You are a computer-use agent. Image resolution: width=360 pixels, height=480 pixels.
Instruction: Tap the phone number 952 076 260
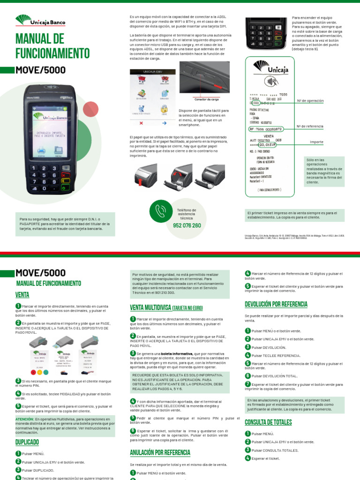(187, 225)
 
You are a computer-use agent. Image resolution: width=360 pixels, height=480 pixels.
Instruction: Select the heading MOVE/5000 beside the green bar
(41, 70)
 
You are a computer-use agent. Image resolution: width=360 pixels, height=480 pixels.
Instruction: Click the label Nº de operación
(310, 101)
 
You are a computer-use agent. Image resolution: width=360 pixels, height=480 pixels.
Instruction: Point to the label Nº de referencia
(310, 127)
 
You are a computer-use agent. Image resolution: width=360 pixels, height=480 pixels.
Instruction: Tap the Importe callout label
(316, 142)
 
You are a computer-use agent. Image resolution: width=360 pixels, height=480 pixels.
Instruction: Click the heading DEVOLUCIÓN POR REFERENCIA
(276, 304)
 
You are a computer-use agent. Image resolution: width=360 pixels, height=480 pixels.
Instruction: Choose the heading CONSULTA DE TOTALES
(268, 422)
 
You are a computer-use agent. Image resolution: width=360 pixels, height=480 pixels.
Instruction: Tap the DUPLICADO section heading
(27, 442)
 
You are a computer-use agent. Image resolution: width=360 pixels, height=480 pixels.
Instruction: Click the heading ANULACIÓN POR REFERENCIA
(160, 452)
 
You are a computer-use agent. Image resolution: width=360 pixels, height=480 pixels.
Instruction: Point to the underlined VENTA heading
(22, 295)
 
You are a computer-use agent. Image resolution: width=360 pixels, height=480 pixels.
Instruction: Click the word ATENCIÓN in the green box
(24, 419)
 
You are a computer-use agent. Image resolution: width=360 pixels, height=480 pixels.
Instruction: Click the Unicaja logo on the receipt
(270, 68)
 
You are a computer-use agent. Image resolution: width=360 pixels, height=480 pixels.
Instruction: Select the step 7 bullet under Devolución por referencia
(247, 384)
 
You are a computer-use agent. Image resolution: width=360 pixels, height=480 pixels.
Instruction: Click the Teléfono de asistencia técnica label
(187, 214)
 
